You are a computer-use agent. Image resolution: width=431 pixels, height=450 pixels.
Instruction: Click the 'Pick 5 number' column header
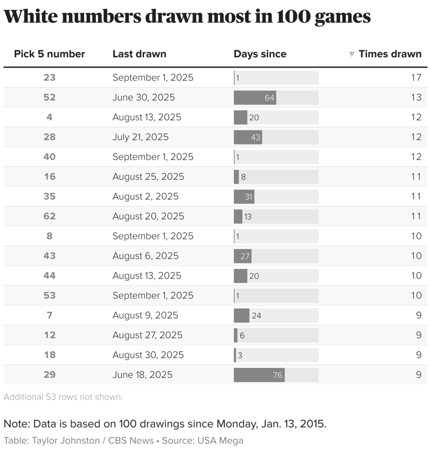tap(49, 54)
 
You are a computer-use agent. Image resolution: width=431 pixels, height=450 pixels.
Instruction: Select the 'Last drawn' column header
tap(139, 54)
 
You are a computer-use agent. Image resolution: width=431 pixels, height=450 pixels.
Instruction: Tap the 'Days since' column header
tap(260, 54)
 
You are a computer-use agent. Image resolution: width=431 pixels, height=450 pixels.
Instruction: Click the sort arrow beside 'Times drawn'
tap(352, 54)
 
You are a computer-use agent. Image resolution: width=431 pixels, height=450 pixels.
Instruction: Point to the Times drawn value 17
tap(415, 78)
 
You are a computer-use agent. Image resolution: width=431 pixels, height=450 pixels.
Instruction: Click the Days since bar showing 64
tap(255, 98)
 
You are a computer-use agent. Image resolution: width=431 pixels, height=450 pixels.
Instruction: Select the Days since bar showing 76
tap(259, 375)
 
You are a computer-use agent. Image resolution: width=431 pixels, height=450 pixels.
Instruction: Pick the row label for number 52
tap(49, 97)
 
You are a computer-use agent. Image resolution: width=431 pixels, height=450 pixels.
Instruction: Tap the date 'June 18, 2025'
tap(142, 375)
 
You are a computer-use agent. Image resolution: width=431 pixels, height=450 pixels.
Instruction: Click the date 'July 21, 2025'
tap(140, 137)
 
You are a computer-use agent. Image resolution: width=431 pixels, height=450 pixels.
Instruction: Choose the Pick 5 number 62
tap(49, 216)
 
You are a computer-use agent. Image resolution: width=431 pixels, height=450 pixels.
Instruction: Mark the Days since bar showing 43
tap(248, 137)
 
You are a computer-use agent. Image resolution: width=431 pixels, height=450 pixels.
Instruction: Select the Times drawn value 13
tap(415, 97)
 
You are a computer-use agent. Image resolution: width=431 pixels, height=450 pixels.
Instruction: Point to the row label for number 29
tap(49, 375)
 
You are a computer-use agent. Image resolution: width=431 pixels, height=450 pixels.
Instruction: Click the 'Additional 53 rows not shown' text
tap(63, 397)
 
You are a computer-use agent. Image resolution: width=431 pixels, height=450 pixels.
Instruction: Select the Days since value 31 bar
tap(244, 197)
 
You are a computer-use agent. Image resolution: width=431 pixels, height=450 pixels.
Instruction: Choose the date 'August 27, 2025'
tap(147, 335)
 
